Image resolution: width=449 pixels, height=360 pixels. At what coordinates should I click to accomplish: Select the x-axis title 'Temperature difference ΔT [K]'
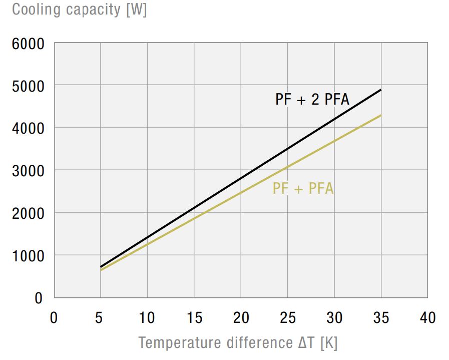pyautogui.click(x=238, y=343)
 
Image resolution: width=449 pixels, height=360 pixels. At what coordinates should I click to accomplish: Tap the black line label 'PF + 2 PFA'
pyautogui.click(x=312, y=99)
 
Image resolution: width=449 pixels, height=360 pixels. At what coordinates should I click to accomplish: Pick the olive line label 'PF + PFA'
pyautogui.click(x=303, y=189)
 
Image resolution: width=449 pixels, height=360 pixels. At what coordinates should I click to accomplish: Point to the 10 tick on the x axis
pyautogui.click(x=147, y=317)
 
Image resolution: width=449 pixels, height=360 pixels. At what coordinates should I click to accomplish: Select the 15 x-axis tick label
pyautogui.click(x=194, y=317)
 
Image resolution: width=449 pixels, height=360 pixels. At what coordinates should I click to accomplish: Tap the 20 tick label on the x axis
pyautogui.click(x=241, y=317)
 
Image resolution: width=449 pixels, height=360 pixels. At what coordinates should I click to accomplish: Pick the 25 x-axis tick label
pyautogui.click(x=288, y=317)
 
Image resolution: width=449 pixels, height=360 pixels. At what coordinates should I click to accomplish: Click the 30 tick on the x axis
pyautogui.click(x=334, y=317)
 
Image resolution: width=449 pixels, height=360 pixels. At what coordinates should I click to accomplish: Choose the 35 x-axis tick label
pyautogui.click(x=381, y=317)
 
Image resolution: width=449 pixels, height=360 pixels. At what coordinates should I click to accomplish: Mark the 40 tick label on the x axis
pyautogui.click(x=428, y=317)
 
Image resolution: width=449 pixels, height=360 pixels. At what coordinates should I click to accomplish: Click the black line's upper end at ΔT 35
pyautogui.click(x=381, y=90)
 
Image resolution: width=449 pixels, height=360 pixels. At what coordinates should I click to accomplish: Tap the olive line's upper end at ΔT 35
pyautogui.click(x=381, y=116)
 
